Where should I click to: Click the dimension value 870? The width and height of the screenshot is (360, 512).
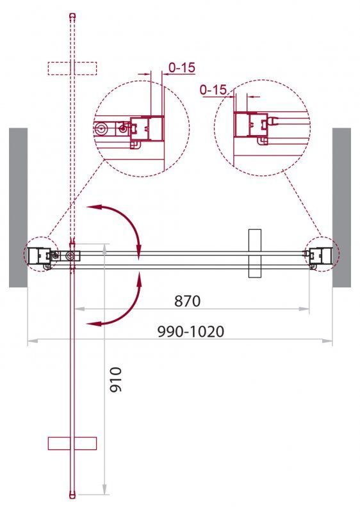point(186,300)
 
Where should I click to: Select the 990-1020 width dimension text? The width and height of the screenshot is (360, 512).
point(192,332)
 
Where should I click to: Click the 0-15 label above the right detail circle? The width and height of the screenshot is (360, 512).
point(213,90)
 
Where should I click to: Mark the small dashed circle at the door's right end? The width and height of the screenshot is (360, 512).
point(320,255)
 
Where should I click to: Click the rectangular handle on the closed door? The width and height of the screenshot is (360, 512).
point(255,253)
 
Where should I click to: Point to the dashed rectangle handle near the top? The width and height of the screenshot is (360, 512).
point(72,68)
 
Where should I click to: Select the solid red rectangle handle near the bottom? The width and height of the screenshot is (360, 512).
point(72,444)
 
